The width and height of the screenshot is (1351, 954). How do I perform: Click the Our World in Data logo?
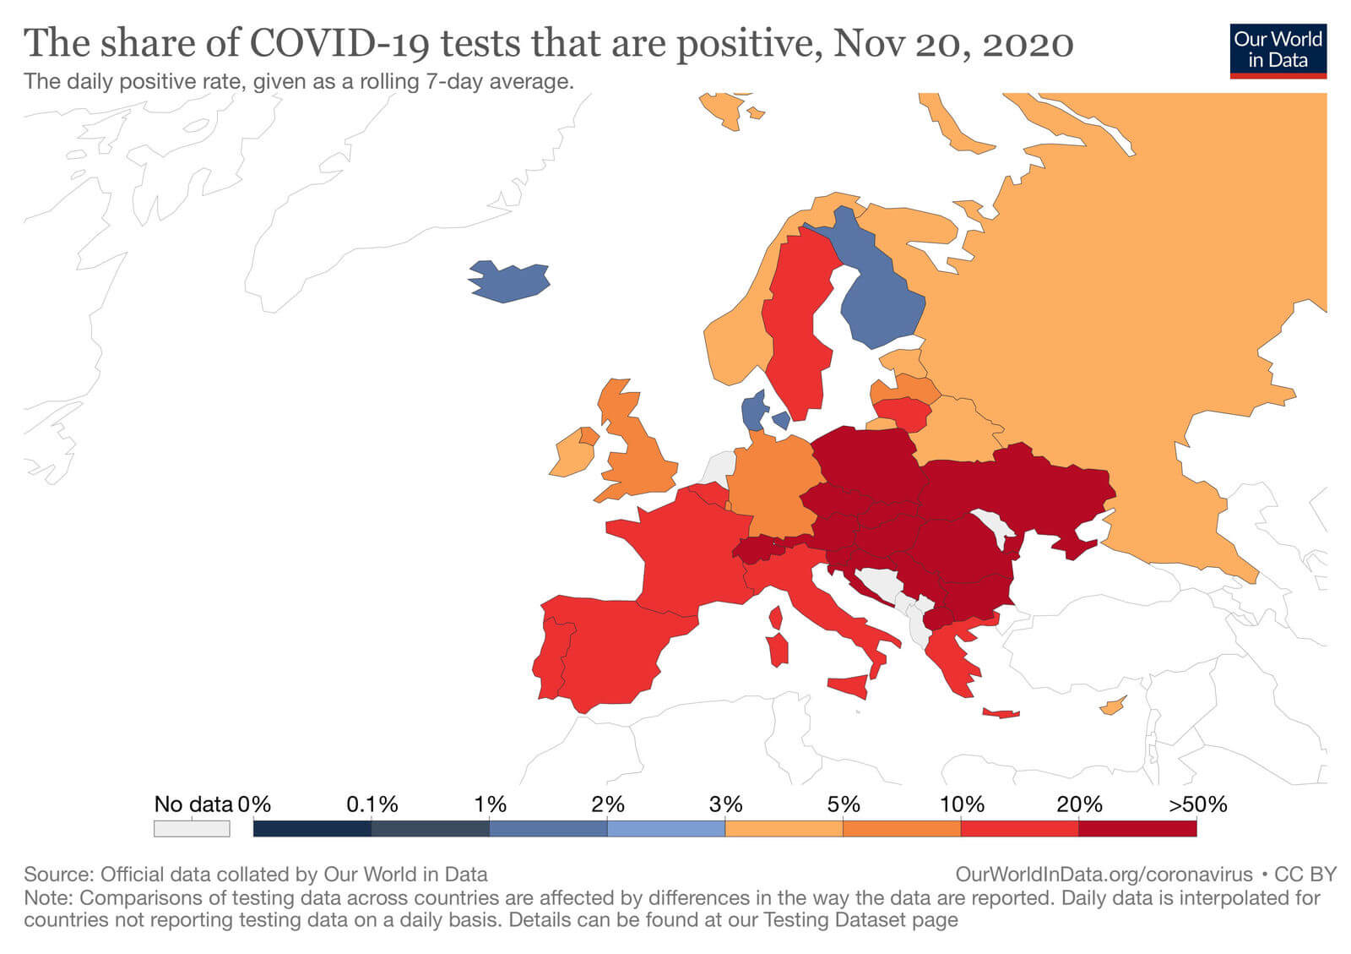pos(1278,50)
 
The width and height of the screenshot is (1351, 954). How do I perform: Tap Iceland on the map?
pos(508,281)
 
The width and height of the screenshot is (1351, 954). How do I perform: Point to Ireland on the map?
pos(570,456)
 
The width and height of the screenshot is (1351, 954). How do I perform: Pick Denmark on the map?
pos(753,412)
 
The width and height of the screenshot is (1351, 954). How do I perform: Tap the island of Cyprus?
pos(1112,705)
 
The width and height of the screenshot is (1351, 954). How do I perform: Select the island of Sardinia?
pos(778,650)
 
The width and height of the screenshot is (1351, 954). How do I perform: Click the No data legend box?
pos(192,828)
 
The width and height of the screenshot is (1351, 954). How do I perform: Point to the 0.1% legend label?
pos(372,804)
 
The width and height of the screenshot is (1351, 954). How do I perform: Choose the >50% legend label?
pos(1197,804)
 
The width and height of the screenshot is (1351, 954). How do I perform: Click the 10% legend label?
pos(962,804)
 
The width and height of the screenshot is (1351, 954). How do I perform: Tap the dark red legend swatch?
pos(1137,828)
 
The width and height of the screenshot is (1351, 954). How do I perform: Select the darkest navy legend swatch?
pos(312,828)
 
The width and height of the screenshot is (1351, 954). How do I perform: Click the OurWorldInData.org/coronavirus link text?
pos(1104,874)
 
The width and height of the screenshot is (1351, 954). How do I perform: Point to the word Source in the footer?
pos(55,874)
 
